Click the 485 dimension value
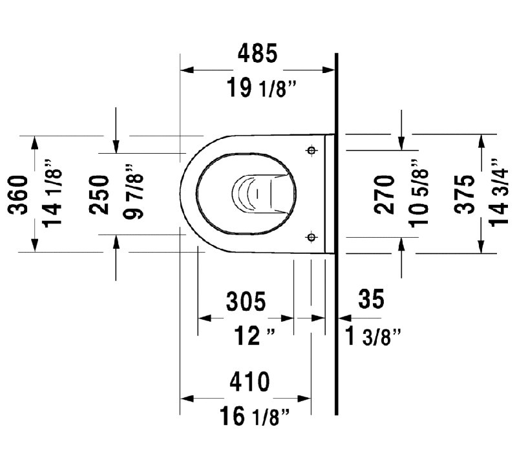coord(257,54)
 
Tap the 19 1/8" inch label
coord(262,89)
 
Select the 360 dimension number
coord(18,195)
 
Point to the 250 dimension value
coord(99,195)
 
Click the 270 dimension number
coord(385,195)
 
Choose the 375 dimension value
coord(465,195)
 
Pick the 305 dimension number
coord(246,301)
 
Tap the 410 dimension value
coord(249,382)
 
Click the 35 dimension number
coord(371,298)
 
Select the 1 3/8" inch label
coord(373,336)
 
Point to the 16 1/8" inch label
coord(254,416)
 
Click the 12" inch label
coord(254,336)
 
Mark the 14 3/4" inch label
coord(499,193)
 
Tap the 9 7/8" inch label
coord(133,191)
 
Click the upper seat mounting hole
coord(311,151)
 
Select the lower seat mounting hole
coord(311,237)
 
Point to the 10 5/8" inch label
coord(418,193)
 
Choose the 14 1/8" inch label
coord(52,193)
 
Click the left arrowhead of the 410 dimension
coord(187,399)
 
